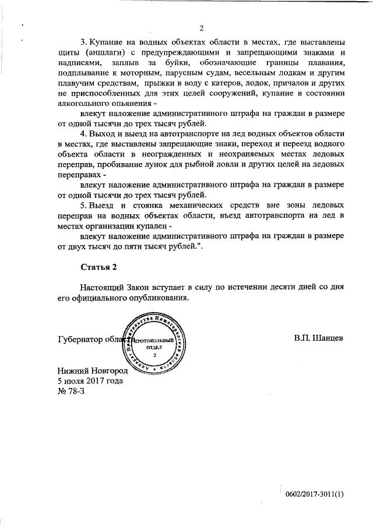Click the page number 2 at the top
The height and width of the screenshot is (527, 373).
(201, 27)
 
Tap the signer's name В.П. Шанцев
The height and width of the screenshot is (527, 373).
(319, 338)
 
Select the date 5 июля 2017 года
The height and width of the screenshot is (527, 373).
(90, 381)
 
